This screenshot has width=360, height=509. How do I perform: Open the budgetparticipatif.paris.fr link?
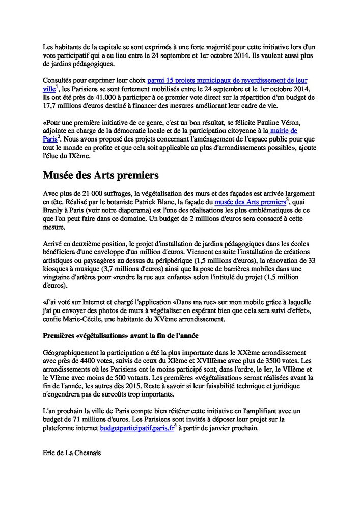137,428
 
